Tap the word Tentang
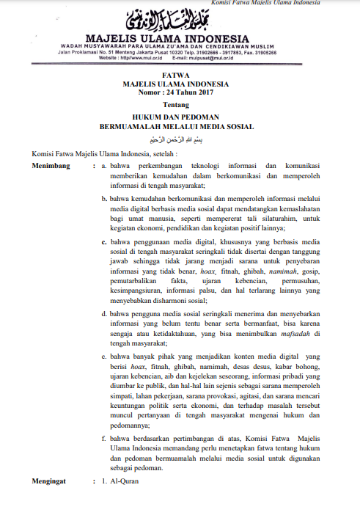(x=177, y=106)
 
